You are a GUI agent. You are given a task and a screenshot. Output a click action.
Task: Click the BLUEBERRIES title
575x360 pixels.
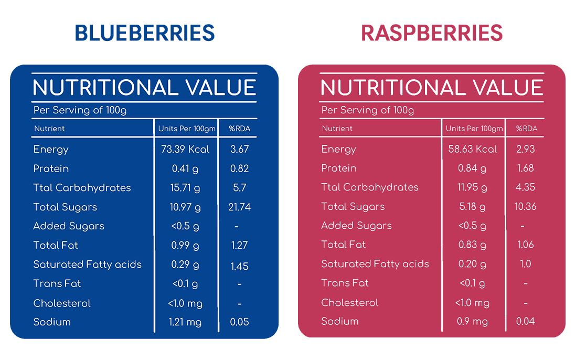coord(144,33)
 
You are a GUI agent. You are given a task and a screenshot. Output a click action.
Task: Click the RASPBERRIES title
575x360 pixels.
coord(432,33)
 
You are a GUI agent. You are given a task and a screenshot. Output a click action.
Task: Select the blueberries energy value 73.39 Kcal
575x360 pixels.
coord(185,149)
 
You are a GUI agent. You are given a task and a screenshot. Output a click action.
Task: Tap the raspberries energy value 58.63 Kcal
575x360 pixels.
coord(472,149)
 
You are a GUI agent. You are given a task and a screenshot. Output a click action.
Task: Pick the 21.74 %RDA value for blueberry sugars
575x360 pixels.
coord(239,207)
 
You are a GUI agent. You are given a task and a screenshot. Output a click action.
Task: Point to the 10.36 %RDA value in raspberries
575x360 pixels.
coord(526,206)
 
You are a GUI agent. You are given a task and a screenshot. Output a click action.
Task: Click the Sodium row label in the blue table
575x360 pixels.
coord(52,322)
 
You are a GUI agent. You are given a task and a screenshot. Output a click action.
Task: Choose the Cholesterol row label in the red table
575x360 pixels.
coord(349,302)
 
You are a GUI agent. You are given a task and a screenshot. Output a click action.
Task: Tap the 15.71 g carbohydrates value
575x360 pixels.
coord(185,188)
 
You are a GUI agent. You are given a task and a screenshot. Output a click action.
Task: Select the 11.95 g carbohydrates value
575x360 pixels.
coord(472,187)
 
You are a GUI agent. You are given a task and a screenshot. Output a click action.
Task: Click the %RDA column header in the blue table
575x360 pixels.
coord(239,129)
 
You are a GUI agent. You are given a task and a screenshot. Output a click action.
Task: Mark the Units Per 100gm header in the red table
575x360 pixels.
coord(474,129)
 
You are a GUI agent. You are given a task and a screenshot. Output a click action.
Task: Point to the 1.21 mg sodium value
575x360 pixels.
coord(185,322)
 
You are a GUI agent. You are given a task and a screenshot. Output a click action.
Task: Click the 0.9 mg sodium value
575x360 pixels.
coord(472,322)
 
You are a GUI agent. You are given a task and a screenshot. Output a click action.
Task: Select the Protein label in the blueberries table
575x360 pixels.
coord(51,168)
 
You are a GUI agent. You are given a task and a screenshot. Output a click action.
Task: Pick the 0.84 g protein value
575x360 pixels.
coord(472,168)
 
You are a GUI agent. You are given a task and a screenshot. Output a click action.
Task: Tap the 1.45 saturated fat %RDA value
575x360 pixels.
coord(239,266)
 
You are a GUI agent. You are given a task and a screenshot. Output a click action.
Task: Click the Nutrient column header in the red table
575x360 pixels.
coord(337,129)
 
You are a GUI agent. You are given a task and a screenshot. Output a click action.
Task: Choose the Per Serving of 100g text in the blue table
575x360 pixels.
coord(80,110)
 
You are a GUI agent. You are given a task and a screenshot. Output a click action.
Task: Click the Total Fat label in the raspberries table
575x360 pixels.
coord(343,245)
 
